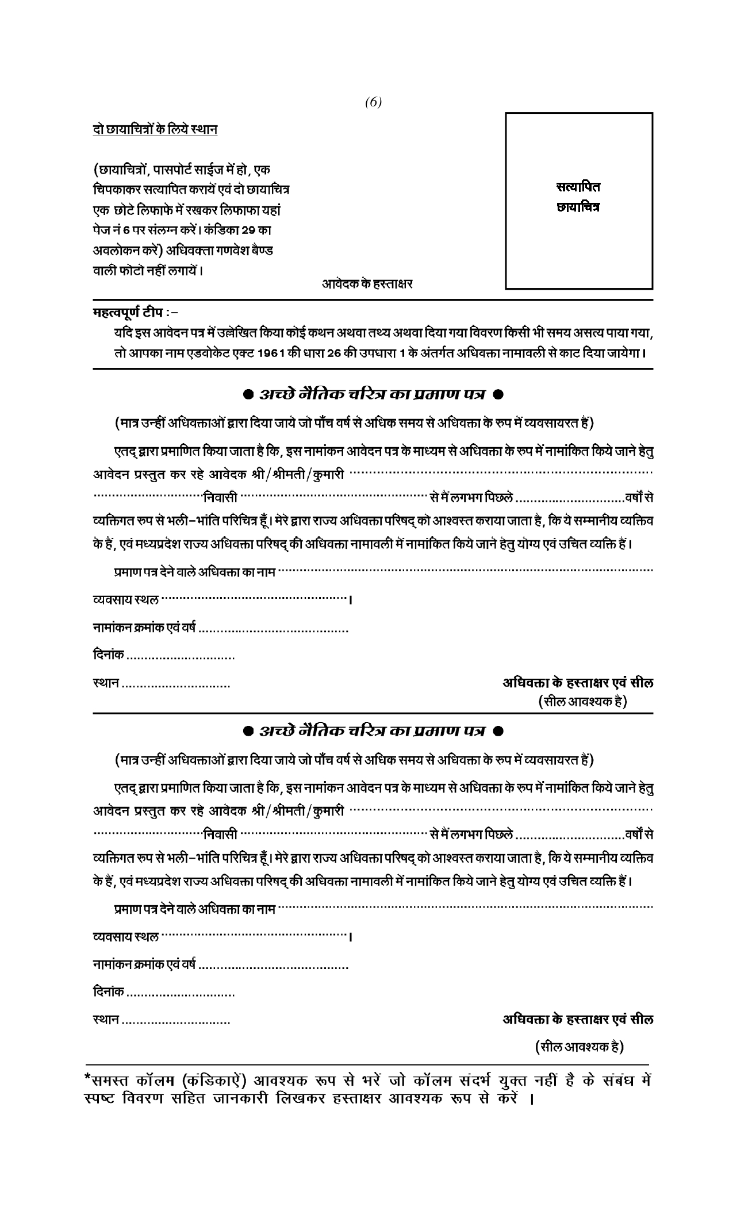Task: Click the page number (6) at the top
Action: click(373, 102)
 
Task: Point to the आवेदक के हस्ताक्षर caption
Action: click(367, 283)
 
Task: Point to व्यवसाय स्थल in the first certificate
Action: click(126, 601)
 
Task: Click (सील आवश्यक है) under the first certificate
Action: click(582, 701)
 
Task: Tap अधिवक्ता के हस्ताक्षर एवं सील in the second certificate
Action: click(578, 1020)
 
